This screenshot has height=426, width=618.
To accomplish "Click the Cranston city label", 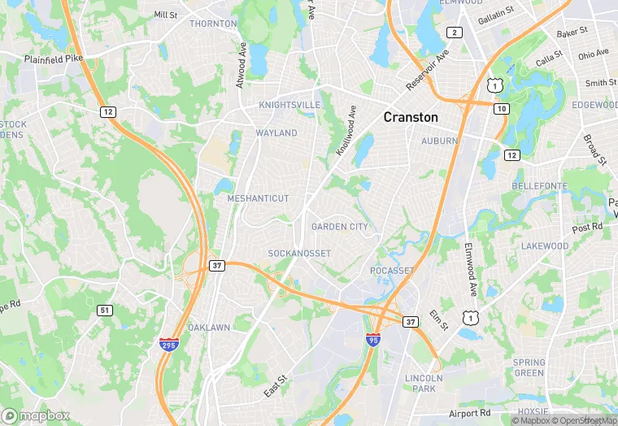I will [411, 117].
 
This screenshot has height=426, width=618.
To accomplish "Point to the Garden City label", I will [339, 227].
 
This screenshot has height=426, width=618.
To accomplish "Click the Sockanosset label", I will [299, 254].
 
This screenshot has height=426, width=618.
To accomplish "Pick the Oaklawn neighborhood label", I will [209, 328].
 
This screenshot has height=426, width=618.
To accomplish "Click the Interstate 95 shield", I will [373, 339].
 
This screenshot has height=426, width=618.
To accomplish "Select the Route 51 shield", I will [104, 310].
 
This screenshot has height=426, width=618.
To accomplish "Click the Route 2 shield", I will [455, 33].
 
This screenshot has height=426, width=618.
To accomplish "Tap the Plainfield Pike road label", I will [53, 59].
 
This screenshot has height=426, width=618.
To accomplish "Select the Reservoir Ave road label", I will [428, 72].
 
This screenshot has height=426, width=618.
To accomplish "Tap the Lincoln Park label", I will [424, 383].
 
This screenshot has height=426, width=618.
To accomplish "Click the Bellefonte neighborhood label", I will [539, 186].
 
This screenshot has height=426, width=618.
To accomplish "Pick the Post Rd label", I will [587, 228].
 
